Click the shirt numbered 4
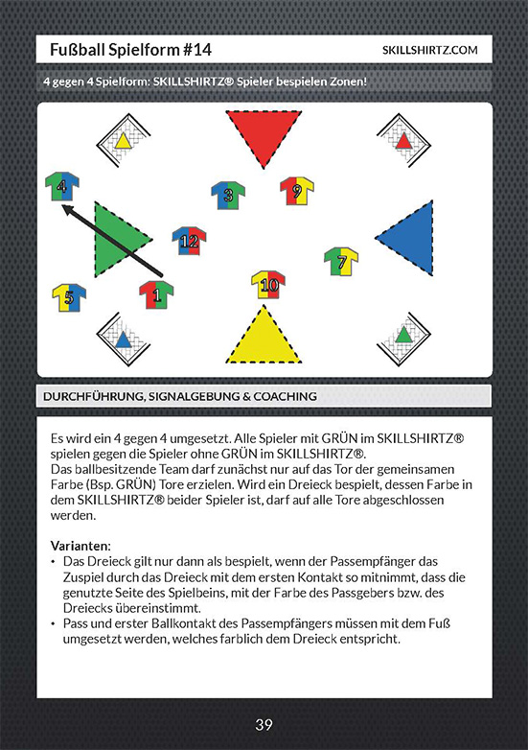62,186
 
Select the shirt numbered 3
228,195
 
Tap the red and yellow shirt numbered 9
297,191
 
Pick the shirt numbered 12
189,241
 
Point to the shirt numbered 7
341,261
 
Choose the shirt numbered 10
268,285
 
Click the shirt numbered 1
156,294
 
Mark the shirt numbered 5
69,298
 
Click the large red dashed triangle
264,134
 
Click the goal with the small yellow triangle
124,141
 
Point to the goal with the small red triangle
403,141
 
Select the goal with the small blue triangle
124,340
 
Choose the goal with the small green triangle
403,340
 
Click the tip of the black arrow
62,205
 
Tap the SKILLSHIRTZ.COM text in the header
429,50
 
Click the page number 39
264,725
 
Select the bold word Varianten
80,546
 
